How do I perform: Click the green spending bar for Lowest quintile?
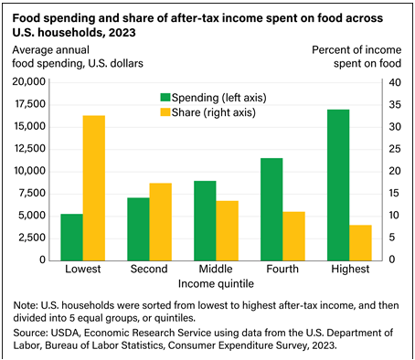pos(71,237)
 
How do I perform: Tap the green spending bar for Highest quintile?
pos(338,185)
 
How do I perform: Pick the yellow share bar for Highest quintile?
pos(360,242)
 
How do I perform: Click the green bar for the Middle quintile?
pos(205,220)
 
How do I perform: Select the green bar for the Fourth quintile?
pos(271,209)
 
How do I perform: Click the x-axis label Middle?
pos(216,270)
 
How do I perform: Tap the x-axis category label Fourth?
pos(282,270)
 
